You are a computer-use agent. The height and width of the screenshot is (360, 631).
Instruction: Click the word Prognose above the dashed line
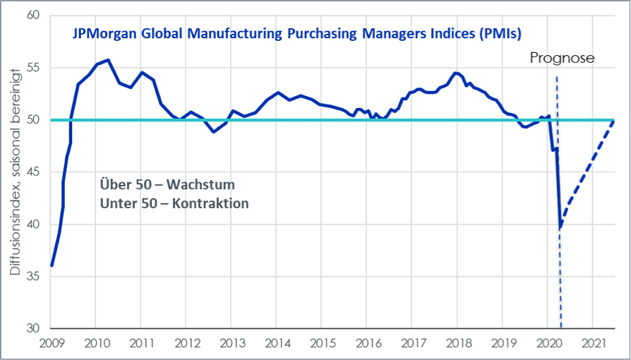tap(563, 59)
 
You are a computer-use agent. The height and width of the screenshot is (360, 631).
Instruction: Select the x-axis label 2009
tap(52, 343)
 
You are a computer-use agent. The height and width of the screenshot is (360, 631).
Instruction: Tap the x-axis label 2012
tap(186, 343)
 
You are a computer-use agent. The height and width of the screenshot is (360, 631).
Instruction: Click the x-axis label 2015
tap(321, 343)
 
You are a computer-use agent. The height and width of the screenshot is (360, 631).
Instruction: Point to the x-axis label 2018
tap(457, 343)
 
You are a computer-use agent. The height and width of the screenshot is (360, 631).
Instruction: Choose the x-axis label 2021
tap(592, 343)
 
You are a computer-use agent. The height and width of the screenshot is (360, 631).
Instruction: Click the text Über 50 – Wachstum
tap(167, 185)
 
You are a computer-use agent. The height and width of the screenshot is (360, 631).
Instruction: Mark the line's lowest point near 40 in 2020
tap(560, 227)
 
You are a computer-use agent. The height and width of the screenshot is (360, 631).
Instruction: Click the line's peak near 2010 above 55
tap(107, 60)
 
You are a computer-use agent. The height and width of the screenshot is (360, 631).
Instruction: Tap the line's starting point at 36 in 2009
tap(52, 265)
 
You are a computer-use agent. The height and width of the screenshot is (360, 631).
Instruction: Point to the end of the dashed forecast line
tap(613, 121)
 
